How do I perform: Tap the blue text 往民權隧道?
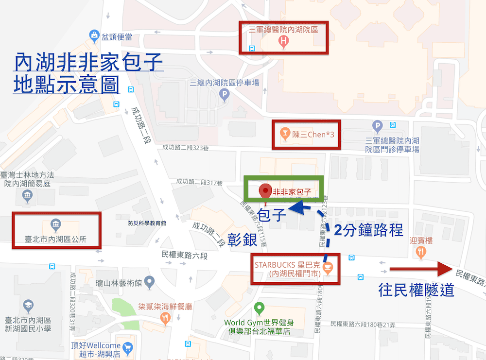click(x=417, y=290)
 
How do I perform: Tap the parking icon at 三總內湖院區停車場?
click(x=224, y=95)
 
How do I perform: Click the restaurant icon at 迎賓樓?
click(x=421, y=252)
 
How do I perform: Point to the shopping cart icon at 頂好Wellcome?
click(x=128, y=347)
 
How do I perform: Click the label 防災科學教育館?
click(x=147, y=223)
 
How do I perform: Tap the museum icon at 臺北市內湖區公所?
click(x=55, y=224)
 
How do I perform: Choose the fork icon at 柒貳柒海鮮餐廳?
click(x=166, y=319)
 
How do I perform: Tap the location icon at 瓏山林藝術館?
click(x=149, y=281)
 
